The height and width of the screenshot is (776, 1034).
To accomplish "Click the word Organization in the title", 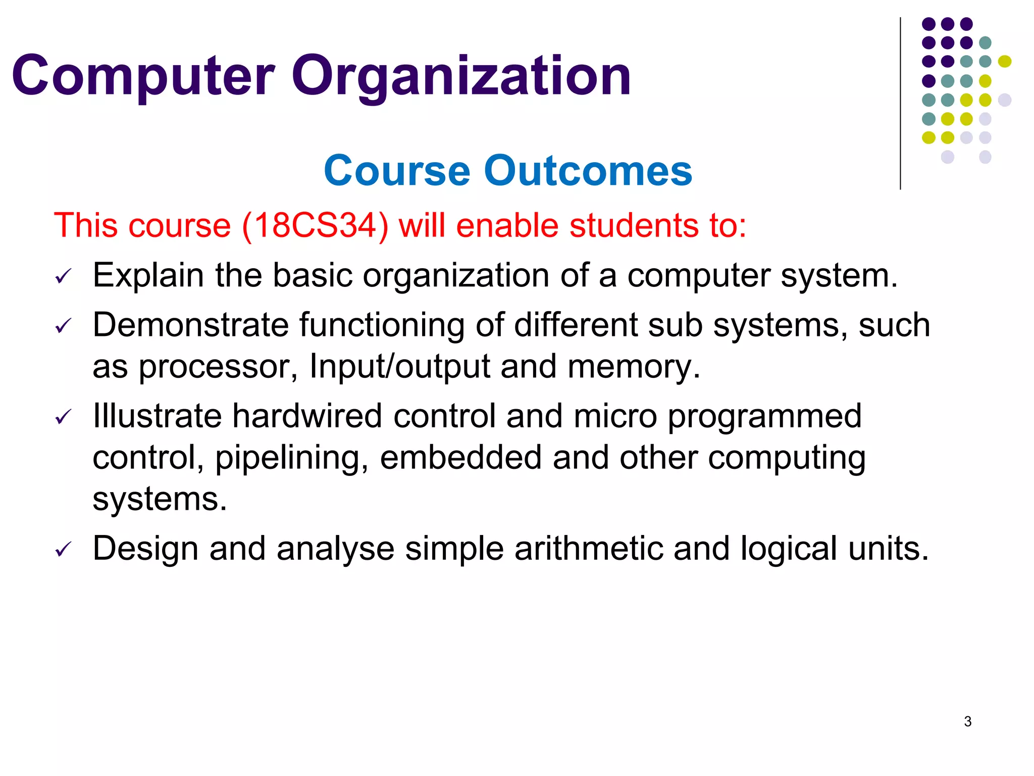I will pyautogui.click(x=460, y=77).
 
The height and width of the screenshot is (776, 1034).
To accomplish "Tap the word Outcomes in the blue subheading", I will pyautogui.click(x=588, y=171).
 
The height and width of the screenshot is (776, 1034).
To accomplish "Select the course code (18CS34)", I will pyautogui.click(x=315, y=225).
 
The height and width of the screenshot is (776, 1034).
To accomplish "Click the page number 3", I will pyautogui.click(x=967, y=721).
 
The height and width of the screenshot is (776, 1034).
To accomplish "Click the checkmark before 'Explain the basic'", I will pyautogui.click(x=64, y=276).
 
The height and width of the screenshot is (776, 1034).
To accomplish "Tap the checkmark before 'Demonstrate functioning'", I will pyautogui.click(x=64, y=326).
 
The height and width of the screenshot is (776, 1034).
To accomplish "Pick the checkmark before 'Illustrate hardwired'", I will pyautogui.click(x=64, y=417).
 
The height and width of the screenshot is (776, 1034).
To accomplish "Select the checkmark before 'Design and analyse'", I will pyautogui.click(x=64, y=549).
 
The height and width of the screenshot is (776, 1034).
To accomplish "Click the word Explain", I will pyautogui.click(x=148, y=276).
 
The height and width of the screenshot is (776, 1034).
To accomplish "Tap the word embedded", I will pyautogui.click(x=460, y=458).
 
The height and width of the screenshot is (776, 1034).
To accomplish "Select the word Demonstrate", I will pyautogui.click(x=190, y=325).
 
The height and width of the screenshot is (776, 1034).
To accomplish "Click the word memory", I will pyautogui.click(x=634, y=367).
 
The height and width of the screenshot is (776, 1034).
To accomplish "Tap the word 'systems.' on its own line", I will pyautogui.click(x=160, y=499).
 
